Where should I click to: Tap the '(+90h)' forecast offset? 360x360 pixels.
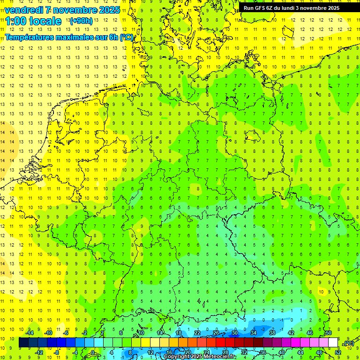click(81, 21)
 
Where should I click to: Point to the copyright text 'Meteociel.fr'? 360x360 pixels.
click(220, 357)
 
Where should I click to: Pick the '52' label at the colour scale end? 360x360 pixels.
click(338, 352)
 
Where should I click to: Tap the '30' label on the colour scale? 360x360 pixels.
click(234, 333)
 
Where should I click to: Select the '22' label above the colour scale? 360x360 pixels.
click(197, 333)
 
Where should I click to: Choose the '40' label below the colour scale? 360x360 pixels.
click(282, 352)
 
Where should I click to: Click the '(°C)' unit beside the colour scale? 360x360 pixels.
click(348, 343)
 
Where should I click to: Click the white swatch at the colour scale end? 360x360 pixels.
click(333, 343)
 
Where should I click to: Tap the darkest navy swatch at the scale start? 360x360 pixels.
click(23, 343)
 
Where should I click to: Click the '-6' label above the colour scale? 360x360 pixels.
click(66, 333)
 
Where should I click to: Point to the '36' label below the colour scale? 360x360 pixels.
click(263, 352)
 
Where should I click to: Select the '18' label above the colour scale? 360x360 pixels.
click(178, 333)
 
